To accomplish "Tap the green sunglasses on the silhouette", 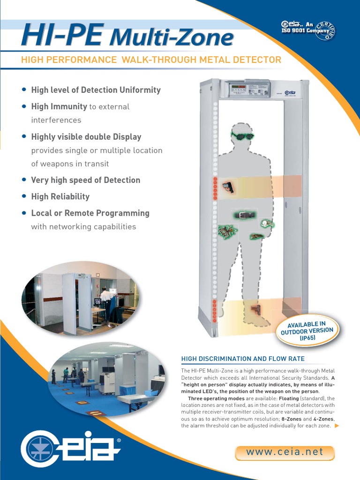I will click(x=242, y=136).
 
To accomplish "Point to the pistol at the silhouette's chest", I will click(x=229, y=187).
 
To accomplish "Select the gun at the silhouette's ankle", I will click(x=255, y=309).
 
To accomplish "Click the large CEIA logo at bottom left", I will click(x=70, y=449).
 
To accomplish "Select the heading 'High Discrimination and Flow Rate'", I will click(x=243, y=359).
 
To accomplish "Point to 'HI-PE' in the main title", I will click(x=62, y=36).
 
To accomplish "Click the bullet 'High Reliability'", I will click(x=60, y=196).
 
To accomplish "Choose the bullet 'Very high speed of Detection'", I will click(x=85, y=180).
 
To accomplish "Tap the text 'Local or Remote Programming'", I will click(x=90, y=213).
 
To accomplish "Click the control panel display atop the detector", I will click(x=248, y=90).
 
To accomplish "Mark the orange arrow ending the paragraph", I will click(x=336, y=426).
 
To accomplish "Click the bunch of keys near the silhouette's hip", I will click(x=228, y=231).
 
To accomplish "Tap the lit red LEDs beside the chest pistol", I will click(x=215, y=187).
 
